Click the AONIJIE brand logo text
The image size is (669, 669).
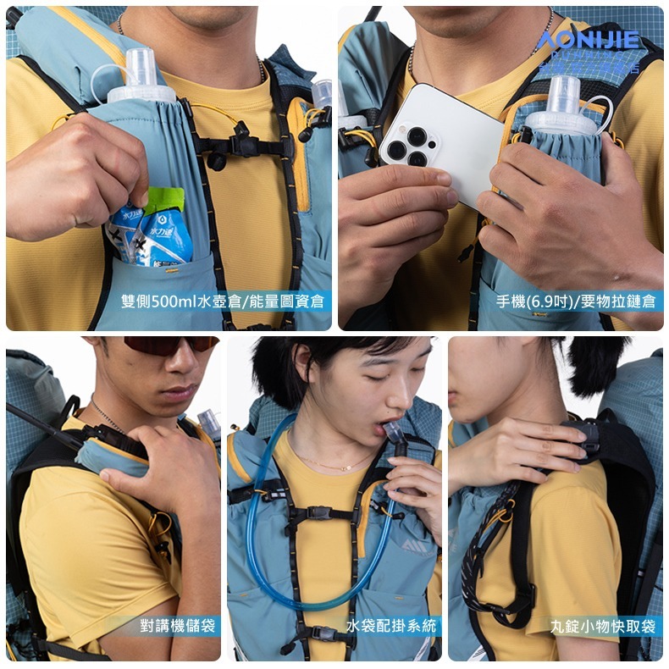(588, 40)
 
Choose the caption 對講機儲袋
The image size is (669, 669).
(178, 626)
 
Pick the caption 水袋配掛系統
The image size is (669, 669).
(391, 626)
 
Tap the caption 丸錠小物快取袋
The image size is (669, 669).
(602, 626)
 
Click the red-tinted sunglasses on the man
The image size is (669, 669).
(170, 345)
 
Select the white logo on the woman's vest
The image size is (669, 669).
(413, 545)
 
